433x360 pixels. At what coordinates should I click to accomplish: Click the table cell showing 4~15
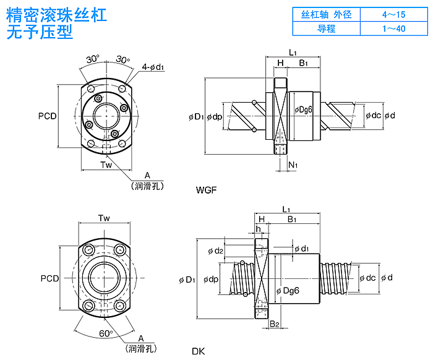394,14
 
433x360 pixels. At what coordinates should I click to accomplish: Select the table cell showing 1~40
394,28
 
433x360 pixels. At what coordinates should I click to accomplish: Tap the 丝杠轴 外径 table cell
327,14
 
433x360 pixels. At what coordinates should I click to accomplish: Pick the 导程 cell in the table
327,28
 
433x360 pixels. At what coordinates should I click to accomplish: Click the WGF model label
206,190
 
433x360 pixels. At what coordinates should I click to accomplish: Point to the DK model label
199,351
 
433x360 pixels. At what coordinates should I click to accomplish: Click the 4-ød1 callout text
153,67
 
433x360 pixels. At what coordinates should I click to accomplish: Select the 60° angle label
106,333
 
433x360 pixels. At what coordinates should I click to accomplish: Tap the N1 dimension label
293,165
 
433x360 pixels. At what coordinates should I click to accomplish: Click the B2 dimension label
275,324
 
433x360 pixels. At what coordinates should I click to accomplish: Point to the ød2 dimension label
215,251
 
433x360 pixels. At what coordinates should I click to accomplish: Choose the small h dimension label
258,229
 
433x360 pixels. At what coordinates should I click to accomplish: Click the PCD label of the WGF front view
47,116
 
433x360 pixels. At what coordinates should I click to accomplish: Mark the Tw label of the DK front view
104,218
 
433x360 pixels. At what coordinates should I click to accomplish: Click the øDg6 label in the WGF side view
303,110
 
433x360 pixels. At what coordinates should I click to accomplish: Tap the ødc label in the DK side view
367,278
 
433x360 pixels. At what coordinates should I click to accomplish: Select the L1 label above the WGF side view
293,52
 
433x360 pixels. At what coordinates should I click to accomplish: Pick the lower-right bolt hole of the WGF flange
122,144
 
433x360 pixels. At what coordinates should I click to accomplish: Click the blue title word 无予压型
40,32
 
